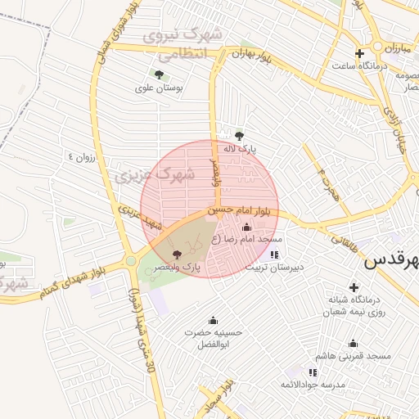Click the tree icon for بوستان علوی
tap(159, 74)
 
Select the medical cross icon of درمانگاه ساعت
tap(359, 53)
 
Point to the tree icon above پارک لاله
tap(239, 136)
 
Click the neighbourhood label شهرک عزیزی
tap(155, 174)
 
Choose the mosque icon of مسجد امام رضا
tap(247, 227)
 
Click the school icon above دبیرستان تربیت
tap(273, 255)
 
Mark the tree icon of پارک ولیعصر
tap(178, 255)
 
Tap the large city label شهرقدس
tap(392, 261)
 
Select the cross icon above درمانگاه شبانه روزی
tap(354, 287)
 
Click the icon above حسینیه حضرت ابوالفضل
tap(214, 319)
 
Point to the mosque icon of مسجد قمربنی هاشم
tap(353, 344)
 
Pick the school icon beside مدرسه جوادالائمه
tap(313, 372)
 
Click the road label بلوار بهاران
tap(251, 55)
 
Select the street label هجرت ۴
tap(328, 177)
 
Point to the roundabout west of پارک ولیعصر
tap(131, 262)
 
